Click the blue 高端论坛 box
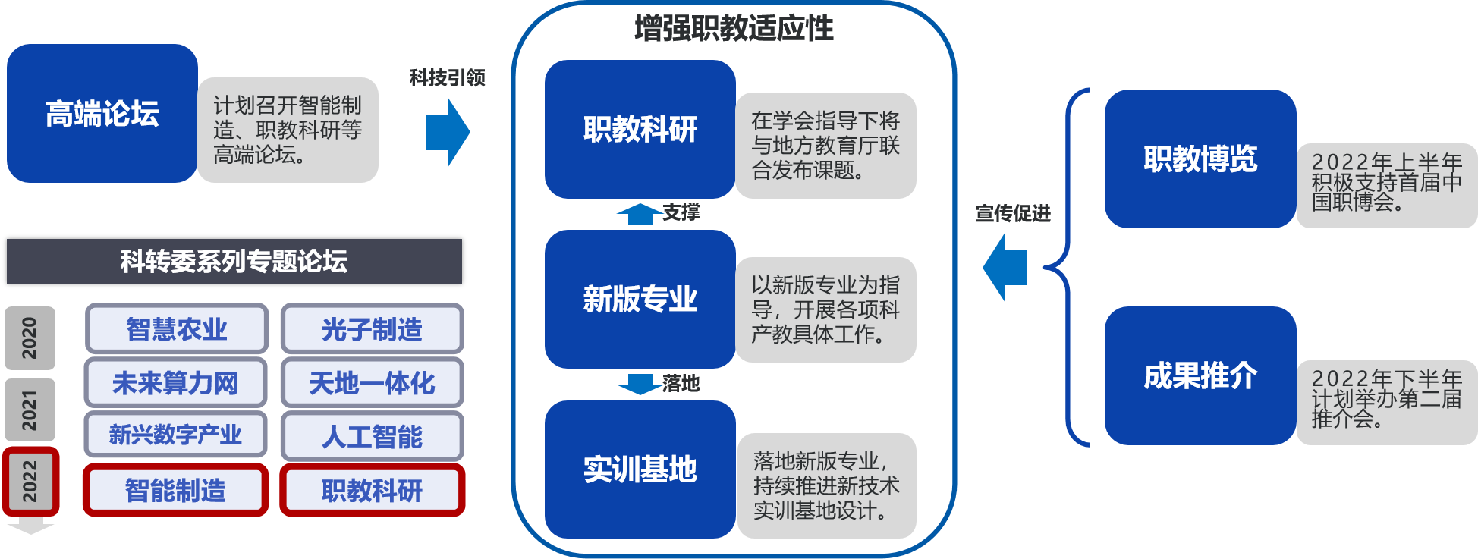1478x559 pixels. pos(102,114)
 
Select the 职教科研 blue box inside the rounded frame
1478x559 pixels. pos(640,129)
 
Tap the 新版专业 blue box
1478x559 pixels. pos(640,299)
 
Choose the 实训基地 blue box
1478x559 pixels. pos(640,469)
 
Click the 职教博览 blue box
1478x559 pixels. pos(1200,159)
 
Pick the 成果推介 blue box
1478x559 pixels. pos(1200,375)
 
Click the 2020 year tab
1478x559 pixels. pos(30,338)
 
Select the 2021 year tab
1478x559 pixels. pos(30,410)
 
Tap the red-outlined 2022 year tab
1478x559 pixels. pos(30,481)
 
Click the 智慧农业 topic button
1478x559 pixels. pos(176,329)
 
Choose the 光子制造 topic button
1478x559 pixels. pos(372,329)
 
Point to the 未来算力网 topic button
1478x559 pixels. pos(176,383)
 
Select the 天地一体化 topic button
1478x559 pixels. pos(372,383)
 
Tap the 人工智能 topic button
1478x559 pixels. pos(372,436)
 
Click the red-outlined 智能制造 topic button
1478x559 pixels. pos(175,490)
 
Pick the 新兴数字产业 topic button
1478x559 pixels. pos(175,435)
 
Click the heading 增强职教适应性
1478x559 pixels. pos(734,28)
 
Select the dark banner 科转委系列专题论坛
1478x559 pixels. pos(234,261)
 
